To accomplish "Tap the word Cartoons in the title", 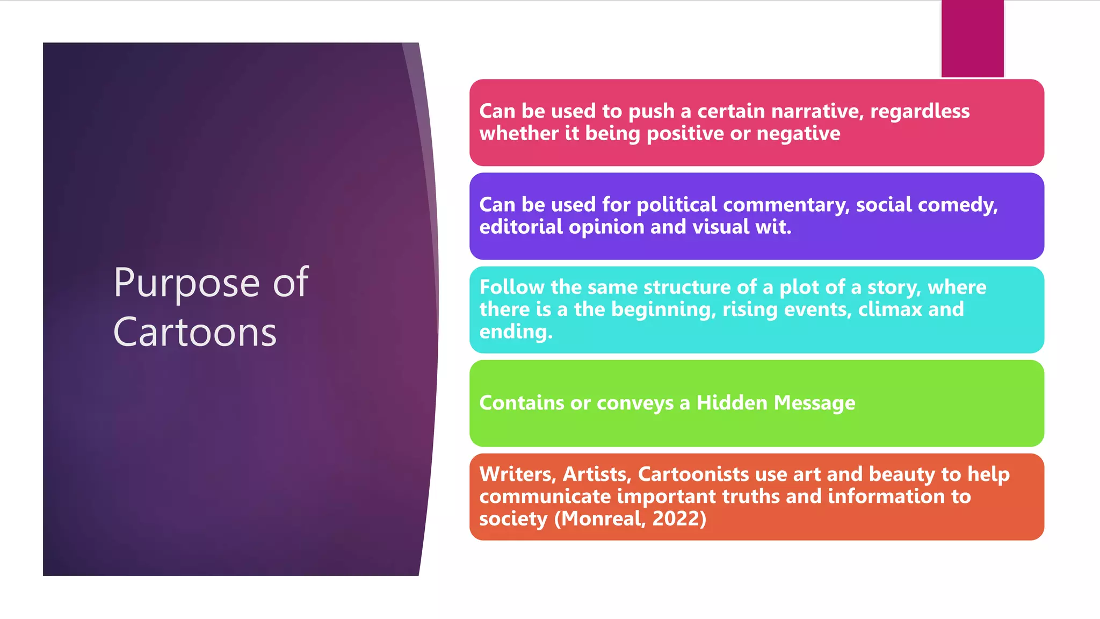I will pos(195,333).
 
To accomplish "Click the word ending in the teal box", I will pos(514,332).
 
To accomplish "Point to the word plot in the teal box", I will pos(798,287).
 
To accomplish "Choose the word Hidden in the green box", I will pos(732,403).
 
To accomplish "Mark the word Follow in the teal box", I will pos(512,287).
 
